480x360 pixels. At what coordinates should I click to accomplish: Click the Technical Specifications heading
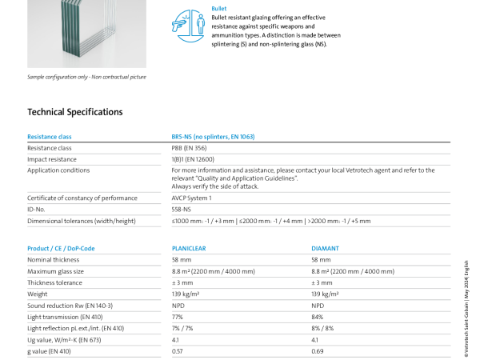tap(75, 112)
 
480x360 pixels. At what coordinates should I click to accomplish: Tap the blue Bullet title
tap(219, 9)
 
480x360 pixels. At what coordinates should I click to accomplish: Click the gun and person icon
tap(188, 26)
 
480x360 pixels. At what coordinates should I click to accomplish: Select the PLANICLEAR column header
tap(189, 248)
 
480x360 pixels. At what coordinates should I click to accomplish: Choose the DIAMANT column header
tap(325, 248)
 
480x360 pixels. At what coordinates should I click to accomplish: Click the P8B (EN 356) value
tap(189, 148)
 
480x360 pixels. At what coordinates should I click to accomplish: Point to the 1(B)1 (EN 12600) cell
tap(193, 159)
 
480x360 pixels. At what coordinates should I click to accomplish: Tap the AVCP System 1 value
tap(192, 198)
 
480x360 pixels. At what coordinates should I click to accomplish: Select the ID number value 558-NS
tap(182, 210)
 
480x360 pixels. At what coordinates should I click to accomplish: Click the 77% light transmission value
tap(178, 317)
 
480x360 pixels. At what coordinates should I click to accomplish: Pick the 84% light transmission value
tap(317, 317)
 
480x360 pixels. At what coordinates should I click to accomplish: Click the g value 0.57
tap(178, 351)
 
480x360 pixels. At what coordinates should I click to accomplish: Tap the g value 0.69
tap(318, 351)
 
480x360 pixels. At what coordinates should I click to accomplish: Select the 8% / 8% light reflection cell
tap(322, 328)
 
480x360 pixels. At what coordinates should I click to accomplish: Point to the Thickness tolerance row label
tap(54, 282)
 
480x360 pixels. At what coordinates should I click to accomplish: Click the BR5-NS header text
tap(213, 137)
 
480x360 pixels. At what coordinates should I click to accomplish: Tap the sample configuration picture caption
tap(86, 77)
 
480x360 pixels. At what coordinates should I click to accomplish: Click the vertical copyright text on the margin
tap(466, 309)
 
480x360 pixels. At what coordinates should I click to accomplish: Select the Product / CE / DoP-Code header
tap(61, 248)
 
